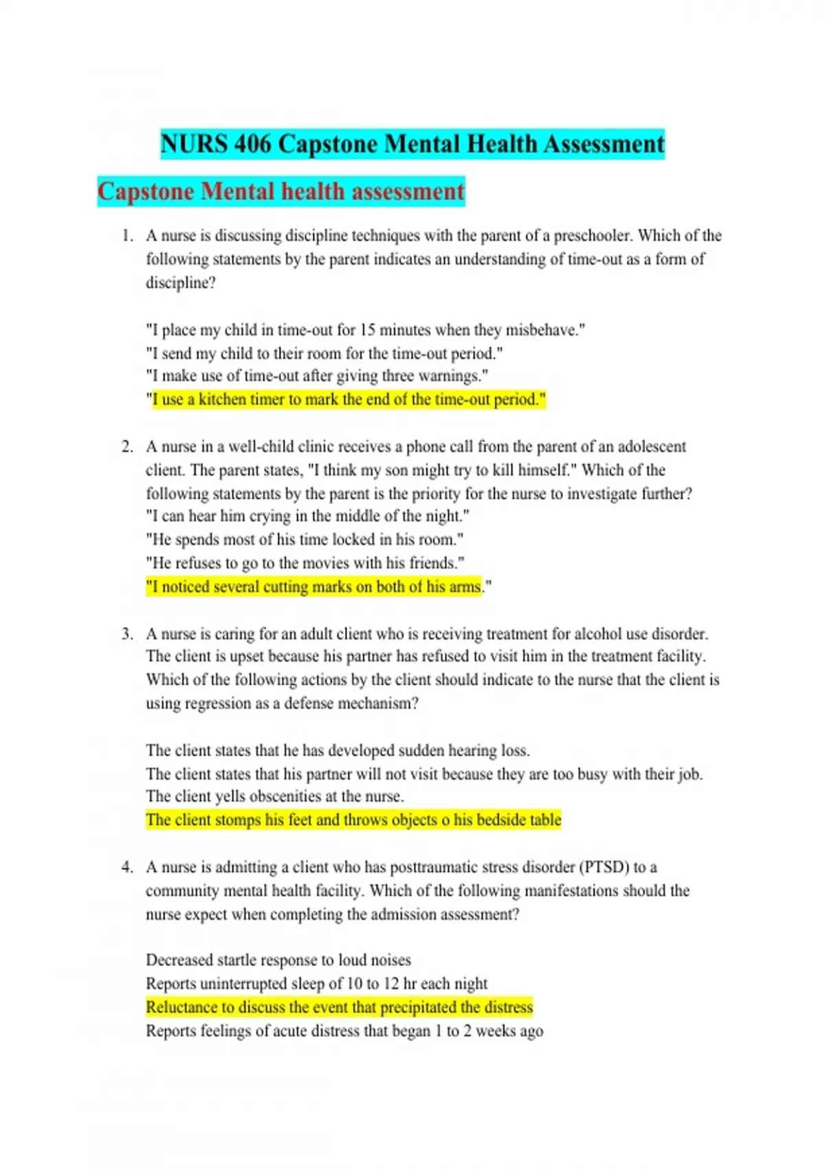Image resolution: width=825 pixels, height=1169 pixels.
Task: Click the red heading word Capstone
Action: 146,191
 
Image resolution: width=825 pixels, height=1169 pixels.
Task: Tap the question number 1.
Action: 126,236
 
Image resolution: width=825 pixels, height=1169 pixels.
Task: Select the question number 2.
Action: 126,447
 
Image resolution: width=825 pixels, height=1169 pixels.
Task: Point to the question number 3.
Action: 126,634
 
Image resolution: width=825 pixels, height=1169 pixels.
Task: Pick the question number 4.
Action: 126,867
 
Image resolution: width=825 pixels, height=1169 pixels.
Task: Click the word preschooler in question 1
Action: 592,236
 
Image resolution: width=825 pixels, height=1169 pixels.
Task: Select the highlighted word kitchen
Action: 221,400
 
